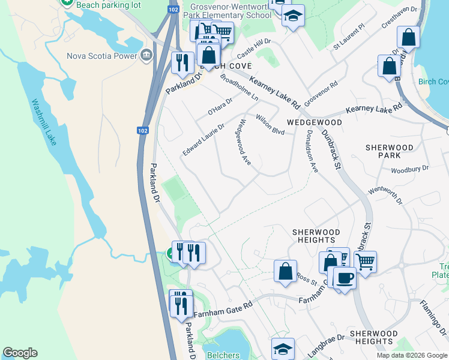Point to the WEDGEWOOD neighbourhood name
pos(314,122)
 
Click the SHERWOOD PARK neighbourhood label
pos(390,151)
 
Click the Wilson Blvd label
pos(270,123)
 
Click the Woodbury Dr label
pos(410,170)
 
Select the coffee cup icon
pos(345,278)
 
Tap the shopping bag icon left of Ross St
pos(285,271)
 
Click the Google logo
pos(20,353)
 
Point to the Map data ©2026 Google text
pos(411,355)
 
